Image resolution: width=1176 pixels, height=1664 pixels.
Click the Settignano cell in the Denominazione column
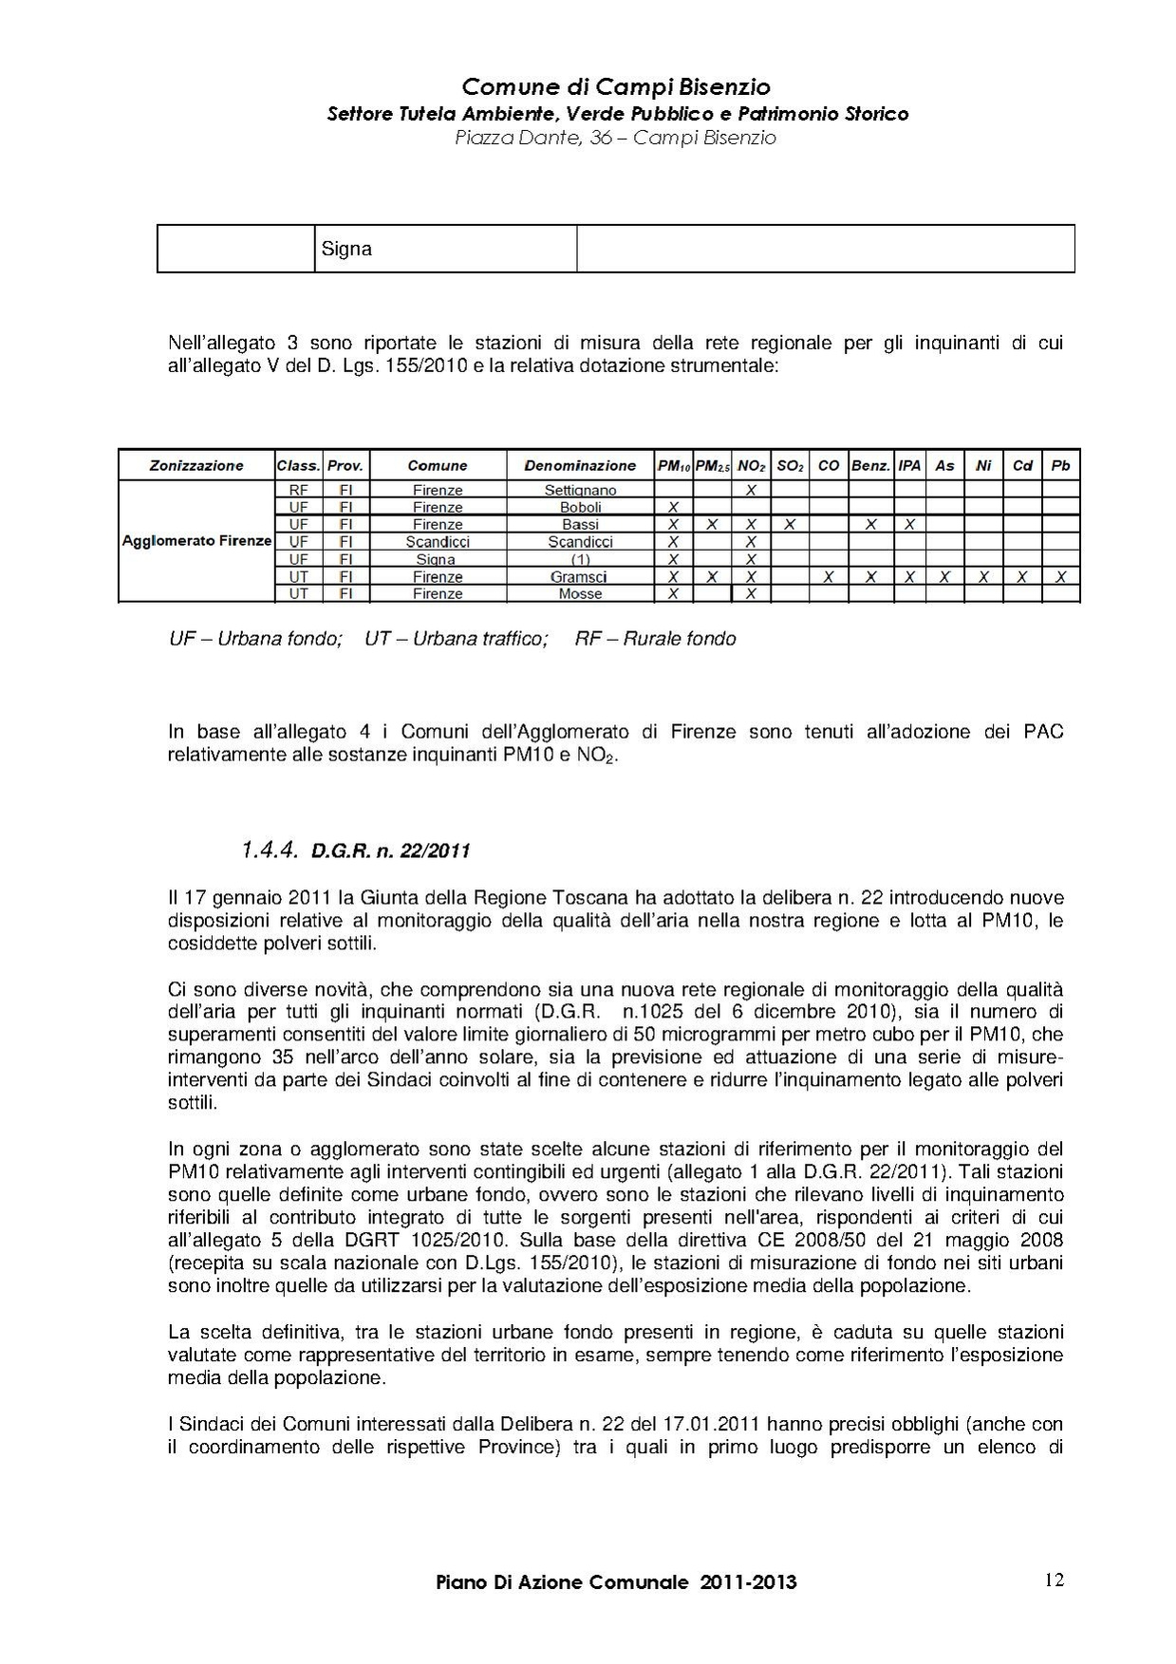point(580,490)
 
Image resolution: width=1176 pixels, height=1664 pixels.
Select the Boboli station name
point(580,507)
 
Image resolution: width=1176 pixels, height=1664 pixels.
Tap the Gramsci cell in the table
point(580,576)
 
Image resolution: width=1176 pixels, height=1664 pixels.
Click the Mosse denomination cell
point(580,593)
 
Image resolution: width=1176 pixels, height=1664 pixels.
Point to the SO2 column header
point(790,465)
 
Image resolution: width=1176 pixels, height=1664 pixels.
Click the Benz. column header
point(870,465)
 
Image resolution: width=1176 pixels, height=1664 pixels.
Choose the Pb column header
point(1060,465)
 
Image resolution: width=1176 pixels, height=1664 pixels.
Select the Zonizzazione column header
point(196,465)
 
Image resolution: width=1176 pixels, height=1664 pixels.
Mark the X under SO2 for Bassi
point(790,524)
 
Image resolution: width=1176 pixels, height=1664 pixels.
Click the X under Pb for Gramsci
point(1060,576)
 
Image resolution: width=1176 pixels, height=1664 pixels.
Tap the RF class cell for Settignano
point(298,490)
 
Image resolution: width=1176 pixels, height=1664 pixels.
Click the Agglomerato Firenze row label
point(196,541)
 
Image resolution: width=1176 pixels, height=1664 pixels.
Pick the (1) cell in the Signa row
point(580,559)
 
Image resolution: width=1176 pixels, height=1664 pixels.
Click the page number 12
point(1054,1580)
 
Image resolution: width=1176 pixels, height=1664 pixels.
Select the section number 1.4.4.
point(271,850)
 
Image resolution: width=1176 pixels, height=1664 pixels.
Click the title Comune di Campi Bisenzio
point(616,87)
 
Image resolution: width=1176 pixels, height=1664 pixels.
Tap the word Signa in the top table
point(346,250)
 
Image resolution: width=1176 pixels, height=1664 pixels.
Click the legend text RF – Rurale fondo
point(655,639)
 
